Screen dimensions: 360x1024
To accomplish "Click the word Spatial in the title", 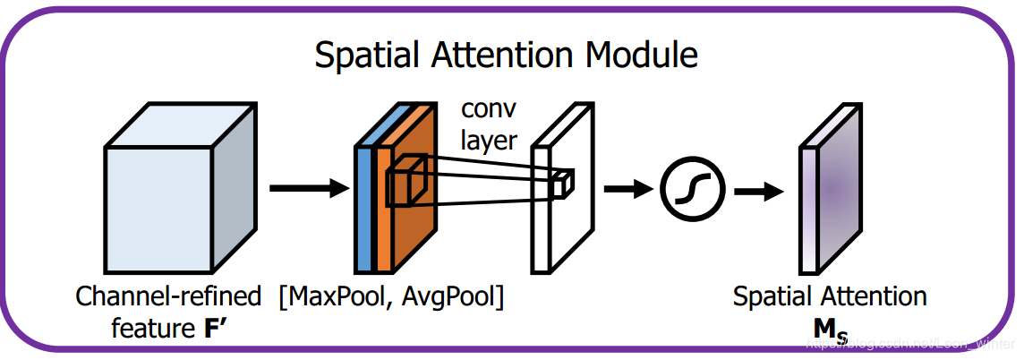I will click(369, 56).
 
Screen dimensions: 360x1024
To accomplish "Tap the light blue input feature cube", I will click(161, 206).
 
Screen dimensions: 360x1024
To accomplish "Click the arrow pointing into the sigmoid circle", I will click(627, 189).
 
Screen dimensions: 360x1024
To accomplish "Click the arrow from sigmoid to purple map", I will click(756, 190).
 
